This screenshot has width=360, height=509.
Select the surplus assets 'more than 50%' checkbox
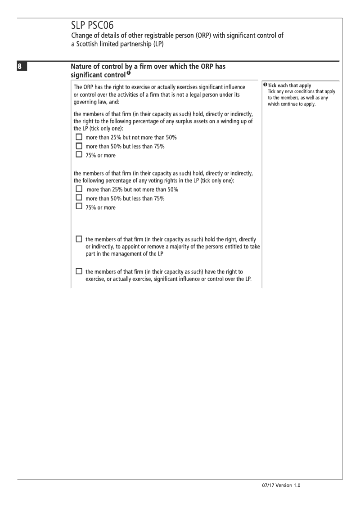79,146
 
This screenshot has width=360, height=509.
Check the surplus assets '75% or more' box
79,155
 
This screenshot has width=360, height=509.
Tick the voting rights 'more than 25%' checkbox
79,189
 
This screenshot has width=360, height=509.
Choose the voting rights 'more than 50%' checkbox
79,198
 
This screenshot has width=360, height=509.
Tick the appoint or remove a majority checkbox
79,239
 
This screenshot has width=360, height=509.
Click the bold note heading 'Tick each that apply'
289,86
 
